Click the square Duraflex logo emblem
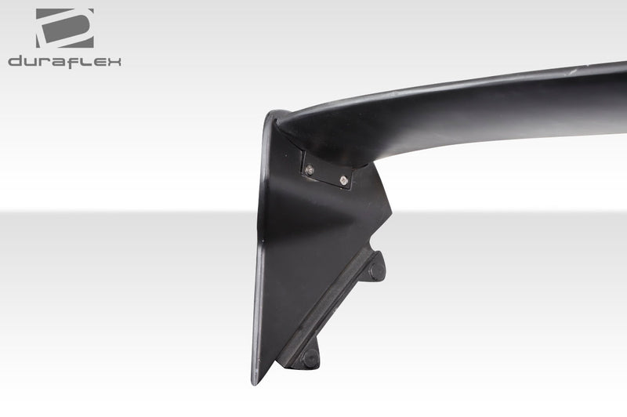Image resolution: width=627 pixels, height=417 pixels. [64, 28]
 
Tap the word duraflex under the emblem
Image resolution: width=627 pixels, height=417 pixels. [64, 62]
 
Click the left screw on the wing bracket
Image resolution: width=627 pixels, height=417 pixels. [311, 169]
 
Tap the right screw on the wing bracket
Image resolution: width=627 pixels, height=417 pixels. [344, 181]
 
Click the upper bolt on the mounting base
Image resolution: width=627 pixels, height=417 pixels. [377, 269]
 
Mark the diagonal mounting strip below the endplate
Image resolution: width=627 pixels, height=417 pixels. [329, 306]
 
